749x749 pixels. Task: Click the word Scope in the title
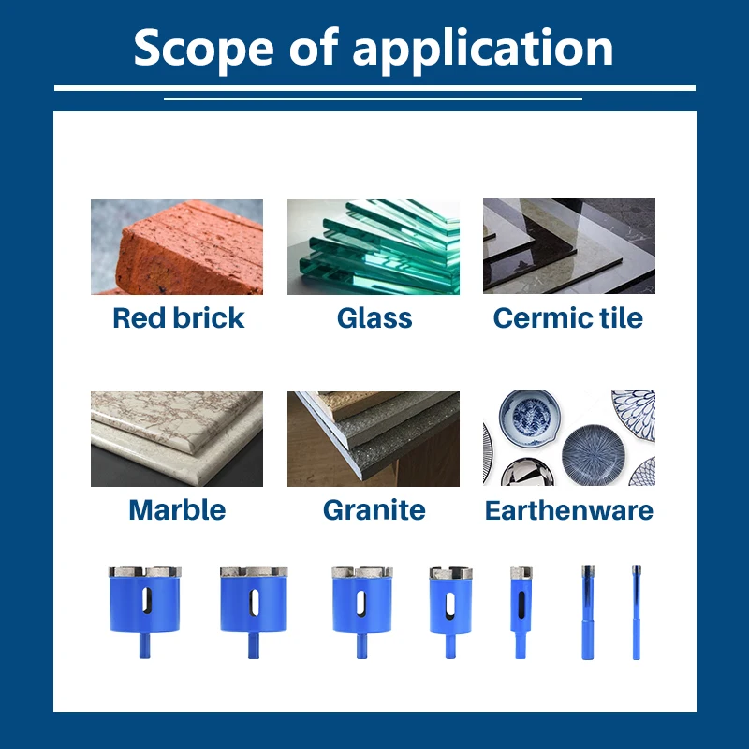pos(203,48)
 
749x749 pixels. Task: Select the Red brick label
pos(178,317)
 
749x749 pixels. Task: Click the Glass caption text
pos(374,317)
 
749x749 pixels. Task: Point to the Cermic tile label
pos(568,317)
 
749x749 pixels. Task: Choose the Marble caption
pos(177,509)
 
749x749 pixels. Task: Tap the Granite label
pos(374,509)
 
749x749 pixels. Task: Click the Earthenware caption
pos(569,509)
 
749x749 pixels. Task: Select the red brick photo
pos(177,246)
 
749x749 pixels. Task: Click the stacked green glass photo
pos(373,246)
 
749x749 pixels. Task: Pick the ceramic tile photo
pos(569,246)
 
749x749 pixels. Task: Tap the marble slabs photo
pos(177,438)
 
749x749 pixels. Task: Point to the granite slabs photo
pos(373,438)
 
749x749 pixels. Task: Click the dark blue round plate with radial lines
pos(594,455)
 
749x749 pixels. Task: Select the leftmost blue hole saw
pos(145,612)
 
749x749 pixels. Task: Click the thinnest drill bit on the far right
pos(637,612)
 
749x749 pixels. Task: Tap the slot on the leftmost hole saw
pos(147,600)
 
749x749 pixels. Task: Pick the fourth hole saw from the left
pos(450,612)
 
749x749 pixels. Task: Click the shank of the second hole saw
pos(254,645)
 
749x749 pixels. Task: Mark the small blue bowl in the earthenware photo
pos(530,418)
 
